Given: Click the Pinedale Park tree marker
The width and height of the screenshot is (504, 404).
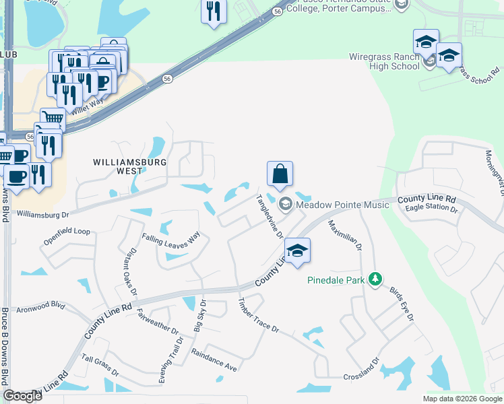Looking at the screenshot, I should pos(376,279).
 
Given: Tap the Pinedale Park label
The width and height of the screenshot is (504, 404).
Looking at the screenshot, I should pos(336,280).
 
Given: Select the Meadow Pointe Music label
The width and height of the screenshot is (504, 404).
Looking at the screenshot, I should pos(342,203).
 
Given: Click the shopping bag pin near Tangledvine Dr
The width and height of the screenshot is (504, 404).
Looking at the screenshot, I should pos(280,174).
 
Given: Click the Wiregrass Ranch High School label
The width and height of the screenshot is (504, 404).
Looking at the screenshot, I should pos(384,61).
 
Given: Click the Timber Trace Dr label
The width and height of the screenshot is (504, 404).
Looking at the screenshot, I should pos(258,316).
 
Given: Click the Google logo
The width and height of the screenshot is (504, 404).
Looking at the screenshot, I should pos(22,395).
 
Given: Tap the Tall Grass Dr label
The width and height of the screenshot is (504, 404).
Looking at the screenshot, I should pos(100,364).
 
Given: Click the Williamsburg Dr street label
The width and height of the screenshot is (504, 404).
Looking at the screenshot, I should pos(43,214).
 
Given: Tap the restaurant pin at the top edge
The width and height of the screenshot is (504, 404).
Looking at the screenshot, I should pos(214,11).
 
